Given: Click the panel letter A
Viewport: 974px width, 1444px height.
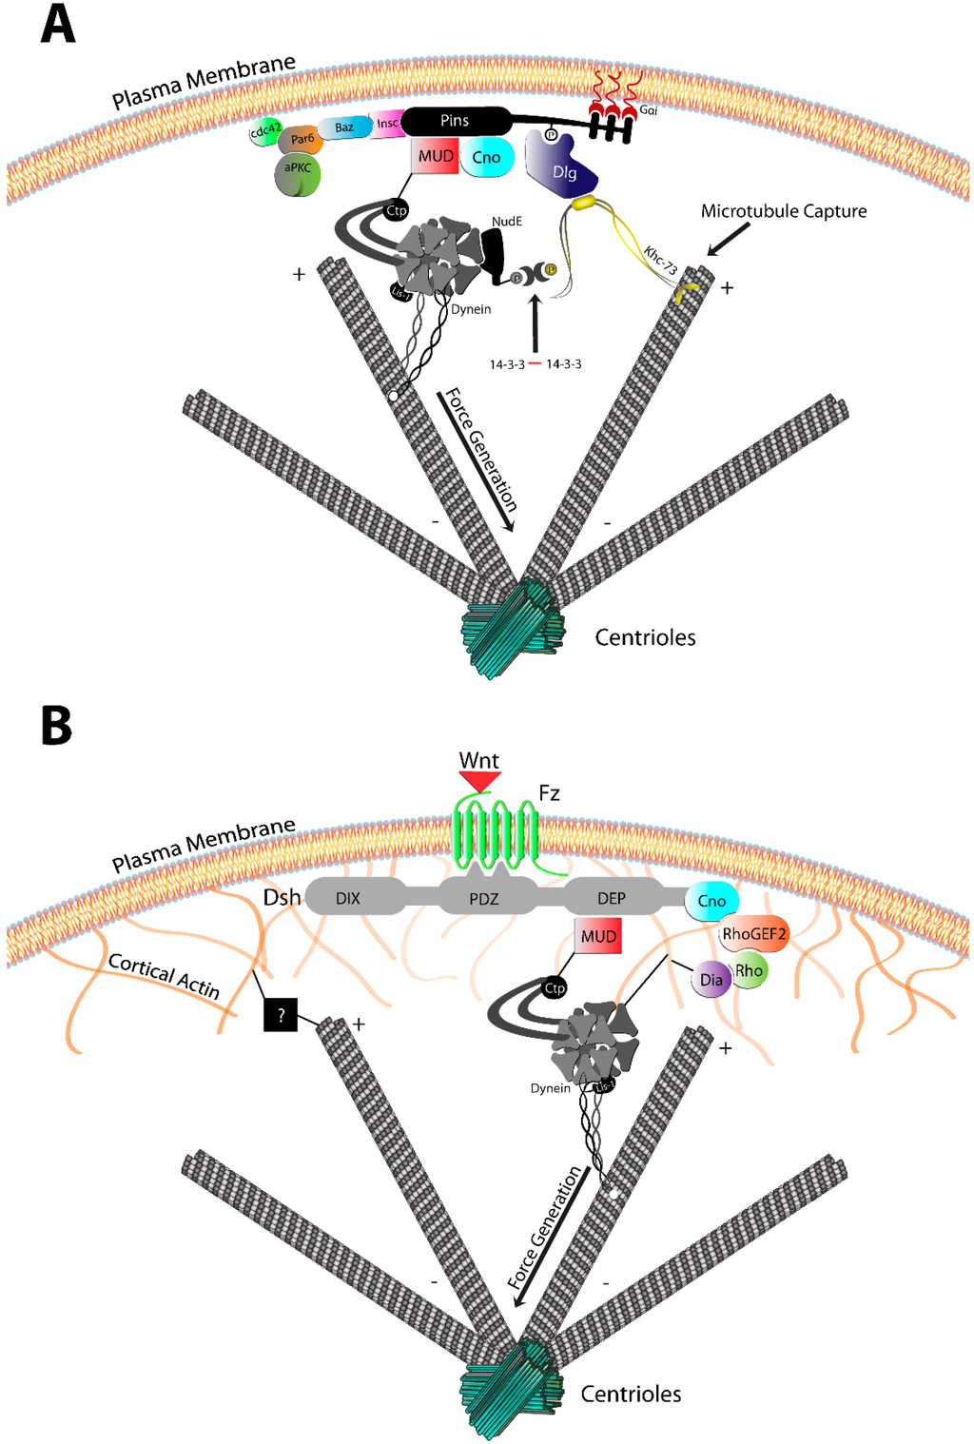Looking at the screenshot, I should pyautogui.click(x=57, y=25).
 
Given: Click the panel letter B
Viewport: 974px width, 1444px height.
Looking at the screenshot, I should pyautogui.click(x=56, y=725).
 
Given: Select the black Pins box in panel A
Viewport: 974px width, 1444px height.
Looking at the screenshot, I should pyautogui.click(x=455, y=121).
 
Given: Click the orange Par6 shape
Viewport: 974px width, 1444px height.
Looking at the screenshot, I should pyautogui.click(x=302, y=140).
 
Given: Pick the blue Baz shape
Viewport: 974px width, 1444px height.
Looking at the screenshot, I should pyautogui.click(x=343, y=127).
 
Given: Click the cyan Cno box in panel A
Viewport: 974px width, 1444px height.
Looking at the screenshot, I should pyautogui.click(x=486, y=158).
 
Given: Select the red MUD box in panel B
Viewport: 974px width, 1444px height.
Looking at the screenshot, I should pyautogui.click(x=598, y=936).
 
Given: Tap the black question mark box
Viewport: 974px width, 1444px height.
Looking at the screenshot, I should pyautogui.click(x=281, y=1015).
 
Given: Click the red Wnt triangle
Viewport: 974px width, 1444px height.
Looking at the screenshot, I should pyautogui.click(x=479, y=780).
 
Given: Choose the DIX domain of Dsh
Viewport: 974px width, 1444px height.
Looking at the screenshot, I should pyautogui.click(x=348, y=898).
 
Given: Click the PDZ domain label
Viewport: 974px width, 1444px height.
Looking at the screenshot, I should pyautogui.click(x=483, y=898).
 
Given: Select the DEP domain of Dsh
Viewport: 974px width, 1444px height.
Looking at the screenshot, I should pyautogui.click(x=611, y=898).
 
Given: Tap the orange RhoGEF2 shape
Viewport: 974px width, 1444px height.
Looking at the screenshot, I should pyautogui.click(x=753, y=934).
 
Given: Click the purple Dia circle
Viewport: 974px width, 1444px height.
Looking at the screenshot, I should pyautogui.click(x=711, y=980).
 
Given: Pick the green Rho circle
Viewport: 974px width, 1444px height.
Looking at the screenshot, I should pyautogui.click(x=750, y=971).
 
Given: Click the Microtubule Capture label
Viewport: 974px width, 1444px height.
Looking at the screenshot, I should pyautogui.click(x=783, y=211).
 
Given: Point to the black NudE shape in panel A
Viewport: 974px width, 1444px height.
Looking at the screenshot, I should pyautogui.click(x=494, y=254).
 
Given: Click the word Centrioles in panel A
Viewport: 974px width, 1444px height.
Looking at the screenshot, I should pyautogui.click(x=645, y=637).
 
